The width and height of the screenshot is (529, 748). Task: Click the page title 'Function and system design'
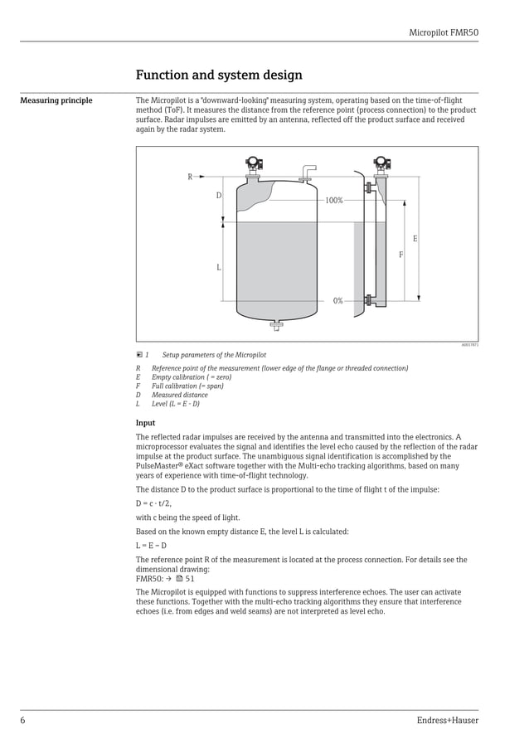coord(219,75)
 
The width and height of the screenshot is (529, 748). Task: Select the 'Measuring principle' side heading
coord(56,101)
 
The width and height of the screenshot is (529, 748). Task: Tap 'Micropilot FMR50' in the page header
coord(444,32)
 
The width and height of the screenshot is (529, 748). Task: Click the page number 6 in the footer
coord(22,720)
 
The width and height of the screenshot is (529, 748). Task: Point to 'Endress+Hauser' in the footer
coord(447,720)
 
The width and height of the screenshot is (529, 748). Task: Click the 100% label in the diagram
coord(334,201)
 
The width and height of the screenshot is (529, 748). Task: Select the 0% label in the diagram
coord(337,301)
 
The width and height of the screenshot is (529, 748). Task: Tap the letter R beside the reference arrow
coord(190,177)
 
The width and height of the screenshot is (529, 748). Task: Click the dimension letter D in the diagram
coord(219,196)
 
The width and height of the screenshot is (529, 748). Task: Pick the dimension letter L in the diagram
coord(219,267)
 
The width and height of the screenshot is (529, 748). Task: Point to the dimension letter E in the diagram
coord(415,239)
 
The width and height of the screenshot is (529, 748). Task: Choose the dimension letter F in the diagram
coord(400,255)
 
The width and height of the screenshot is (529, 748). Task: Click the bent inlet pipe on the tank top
coord(308,172)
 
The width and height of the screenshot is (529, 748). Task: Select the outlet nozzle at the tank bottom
coord(276,325)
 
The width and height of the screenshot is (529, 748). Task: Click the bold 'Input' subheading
coord(145,423)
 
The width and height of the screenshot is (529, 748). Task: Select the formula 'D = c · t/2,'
coord(153,503)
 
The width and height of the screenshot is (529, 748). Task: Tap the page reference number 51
coord(190,579)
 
